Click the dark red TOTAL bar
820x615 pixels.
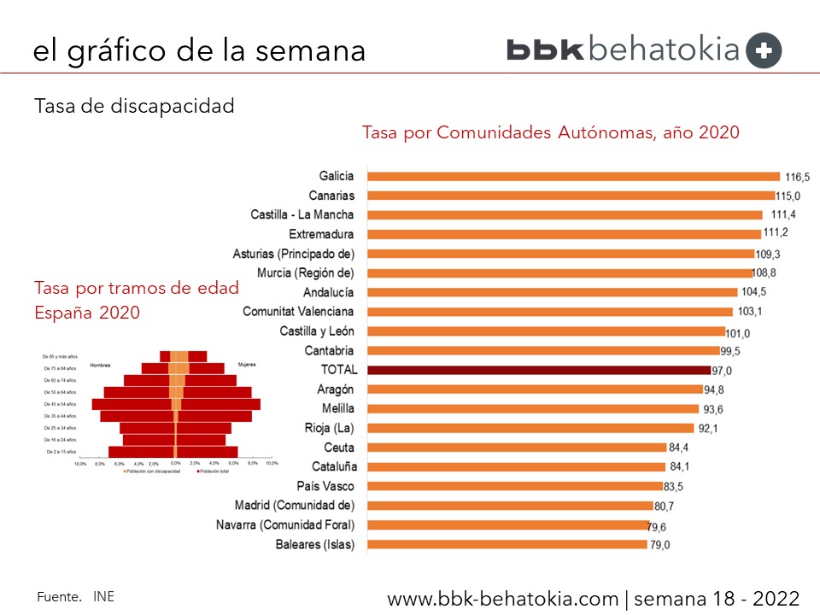pos(538,370)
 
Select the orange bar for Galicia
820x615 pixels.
pos(572,176)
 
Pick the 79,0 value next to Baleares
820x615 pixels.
pos(660,545)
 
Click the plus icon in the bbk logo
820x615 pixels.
pos(764,50)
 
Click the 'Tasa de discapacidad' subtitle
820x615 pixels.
pos(134,107)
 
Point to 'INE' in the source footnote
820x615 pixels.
pos(103,595)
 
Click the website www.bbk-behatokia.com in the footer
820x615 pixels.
pos(502,599)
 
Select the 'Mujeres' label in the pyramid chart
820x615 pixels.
pos(247,364)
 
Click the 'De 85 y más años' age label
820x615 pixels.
pos(59,355)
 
